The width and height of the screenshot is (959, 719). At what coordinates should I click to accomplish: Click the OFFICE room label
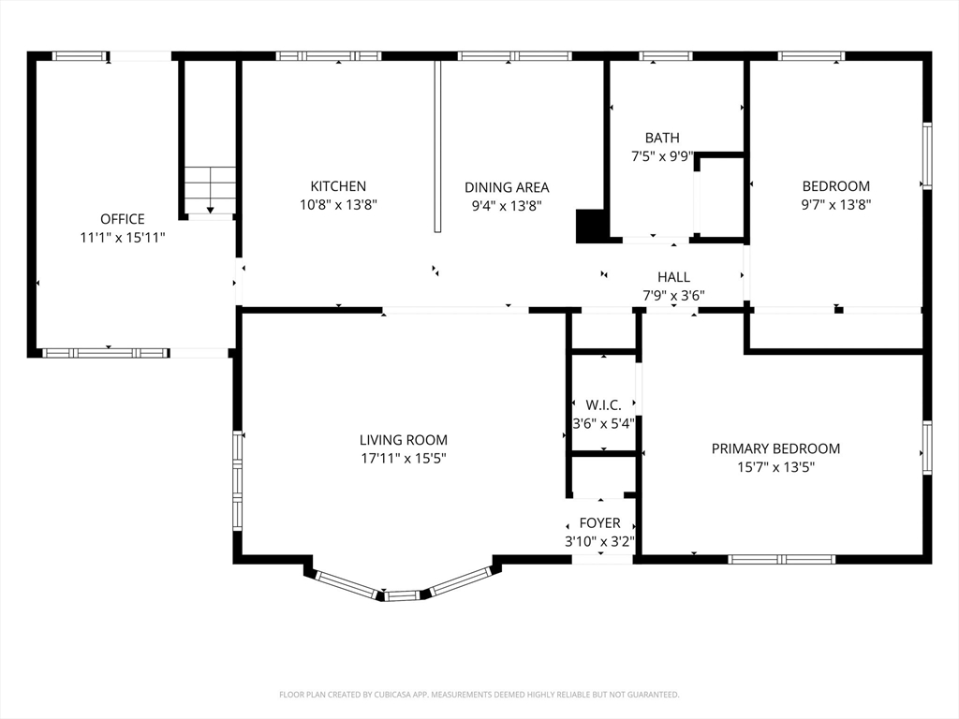click(123, 219)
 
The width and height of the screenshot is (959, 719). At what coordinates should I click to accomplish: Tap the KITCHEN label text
click(338, 186)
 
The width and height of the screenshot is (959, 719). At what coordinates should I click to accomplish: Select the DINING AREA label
click(507, 187)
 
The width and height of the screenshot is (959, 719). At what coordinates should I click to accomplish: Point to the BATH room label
click(662, 138)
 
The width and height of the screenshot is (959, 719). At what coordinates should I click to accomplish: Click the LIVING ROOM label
click(404, 440)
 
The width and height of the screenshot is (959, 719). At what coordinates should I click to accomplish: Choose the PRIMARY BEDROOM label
click(775, 448)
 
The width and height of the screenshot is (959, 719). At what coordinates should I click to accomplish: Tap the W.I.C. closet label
click(603, 404)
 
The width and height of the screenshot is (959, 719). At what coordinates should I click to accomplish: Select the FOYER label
click(600, 523)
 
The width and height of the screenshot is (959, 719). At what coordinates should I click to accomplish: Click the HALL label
click(674, 277)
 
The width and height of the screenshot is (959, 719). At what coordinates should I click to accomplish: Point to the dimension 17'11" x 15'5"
click(404, 458)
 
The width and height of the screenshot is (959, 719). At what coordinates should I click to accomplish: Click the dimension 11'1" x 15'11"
click(123, 238)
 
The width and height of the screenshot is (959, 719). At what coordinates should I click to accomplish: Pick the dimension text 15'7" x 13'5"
click(775, 468)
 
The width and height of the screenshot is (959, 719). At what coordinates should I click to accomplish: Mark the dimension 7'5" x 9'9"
click(662, 156)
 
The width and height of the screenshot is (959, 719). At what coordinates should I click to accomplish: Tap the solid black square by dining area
click(591, 226)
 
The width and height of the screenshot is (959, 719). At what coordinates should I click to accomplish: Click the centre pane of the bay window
click(403, 595)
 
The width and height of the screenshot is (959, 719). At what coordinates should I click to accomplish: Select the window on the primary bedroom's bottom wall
click(782, 559)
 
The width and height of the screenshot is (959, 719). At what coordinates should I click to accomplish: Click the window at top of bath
click(666, 56)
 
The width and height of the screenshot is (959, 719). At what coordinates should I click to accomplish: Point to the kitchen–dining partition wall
click(437, 146)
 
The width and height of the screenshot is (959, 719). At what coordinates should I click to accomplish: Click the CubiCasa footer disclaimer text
click(479, 695)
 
